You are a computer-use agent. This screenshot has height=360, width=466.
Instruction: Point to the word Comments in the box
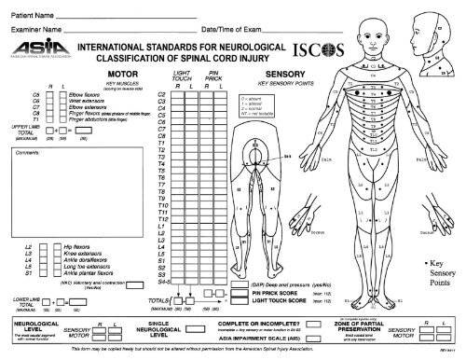click(29, 151)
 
